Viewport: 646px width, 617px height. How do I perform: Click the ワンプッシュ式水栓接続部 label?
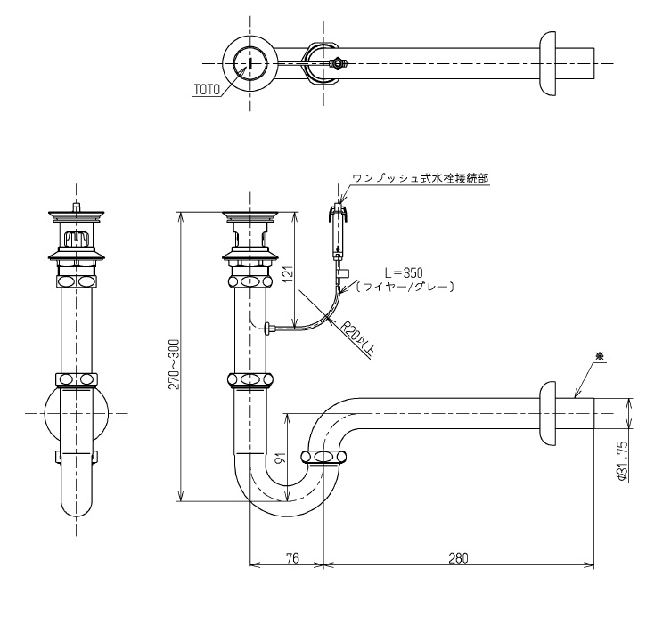(420, 178)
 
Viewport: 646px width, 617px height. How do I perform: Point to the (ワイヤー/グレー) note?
(405, 287)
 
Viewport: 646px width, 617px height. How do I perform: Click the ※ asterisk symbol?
(600, 356)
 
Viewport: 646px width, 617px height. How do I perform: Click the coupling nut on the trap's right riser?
(323, 458)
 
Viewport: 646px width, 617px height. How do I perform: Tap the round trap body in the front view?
(75, 415)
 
